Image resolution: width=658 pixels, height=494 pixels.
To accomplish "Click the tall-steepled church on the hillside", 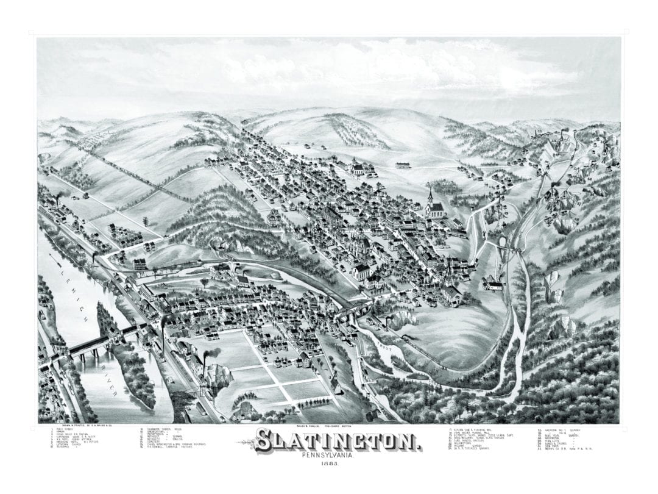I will point(434,206).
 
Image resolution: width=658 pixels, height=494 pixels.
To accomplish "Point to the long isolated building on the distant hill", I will point(403,165).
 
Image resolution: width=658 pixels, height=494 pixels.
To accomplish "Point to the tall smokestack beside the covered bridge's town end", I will point(163,332).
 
